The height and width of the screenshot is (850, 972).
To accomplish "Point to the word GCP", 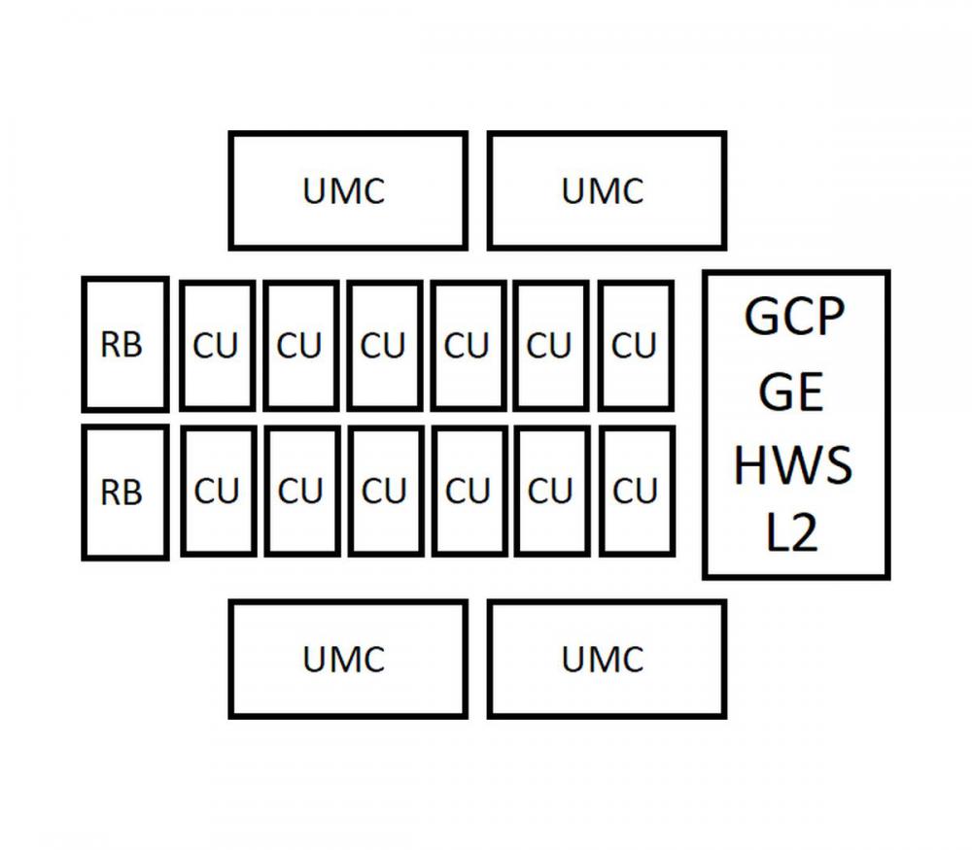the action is pyautogui.click(x=794, y=316).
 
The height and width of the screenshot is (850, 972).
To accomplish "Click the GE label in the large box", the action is pyautogui.click(x=791, y=391).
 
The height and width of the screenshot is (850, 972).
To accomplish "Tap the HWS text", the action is pyautogui.click(x=793, y=464).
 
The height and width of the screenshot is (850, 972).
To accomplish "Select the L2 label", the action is pyautogui.click(x=792, y=532).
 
